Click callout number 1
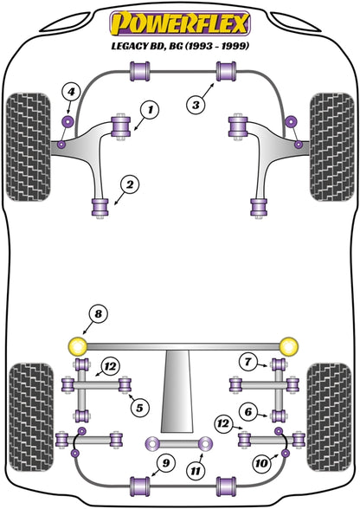point(150,110)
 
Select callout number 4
point(72,92)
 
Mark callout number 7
point(247,361)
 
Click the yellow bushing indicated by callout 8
point(79,346)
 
